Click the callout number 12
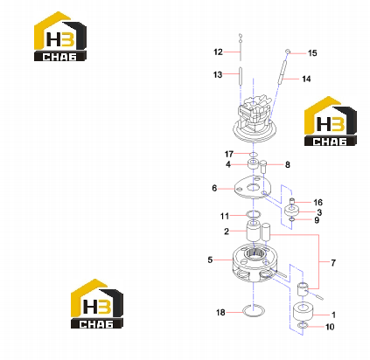(218, 52)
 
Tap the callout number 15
(312, 53)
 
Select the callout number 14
(306, 79)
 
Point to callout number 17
(229, 154)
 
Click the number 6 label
(214, 188)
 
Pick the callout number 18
(220, 313)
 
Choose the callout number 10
(330, 327)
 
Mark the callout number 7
(333, 263)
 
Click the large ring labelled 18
(254, 311)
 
